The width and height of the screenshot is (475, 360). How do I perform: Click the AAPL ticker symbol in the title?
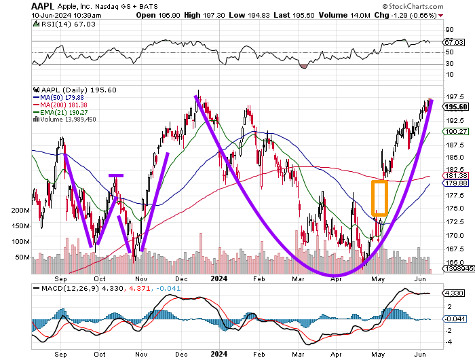[43, 6]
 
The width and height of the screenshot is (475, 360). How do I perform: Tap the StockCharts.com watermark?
[413, 6]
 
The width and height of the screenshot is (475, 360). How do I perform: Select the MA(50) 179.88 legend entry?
[58, 97]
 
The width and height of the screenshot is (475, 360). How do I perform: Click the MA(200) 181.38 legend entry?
[60, 105]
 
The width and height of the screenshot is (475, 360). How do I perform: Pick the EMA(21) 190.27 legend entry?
[60, 112]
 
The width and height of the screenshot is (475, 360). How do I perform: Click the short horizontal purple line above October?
[116, 175]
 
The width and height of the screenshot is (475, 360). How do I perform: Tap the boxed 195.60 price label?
[455, 107]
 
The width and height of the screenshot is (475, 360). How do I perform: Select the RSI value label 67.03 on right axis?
[454, 43]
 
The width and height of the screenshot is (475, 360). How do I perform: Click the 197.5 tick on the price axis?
[455, 96]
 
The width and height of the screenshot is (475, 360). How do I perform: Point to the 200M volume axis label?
[20, 210]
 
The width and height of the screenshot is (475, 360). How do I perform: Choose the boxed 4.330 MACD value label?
[453, 293]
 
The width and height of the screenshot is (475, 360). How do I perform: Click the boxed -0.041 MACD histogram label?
[455, 319]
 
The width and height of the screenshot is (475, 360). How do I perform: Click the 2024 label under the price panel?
[219, 278]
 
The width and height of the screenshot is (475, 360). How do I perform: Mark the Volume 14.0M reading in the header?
[345, 15]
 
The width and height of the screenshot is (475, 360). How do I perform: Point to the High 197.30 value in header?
[204, 15]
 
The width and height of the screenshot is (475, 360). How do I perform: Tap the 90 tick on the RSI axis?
[449, 30]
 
